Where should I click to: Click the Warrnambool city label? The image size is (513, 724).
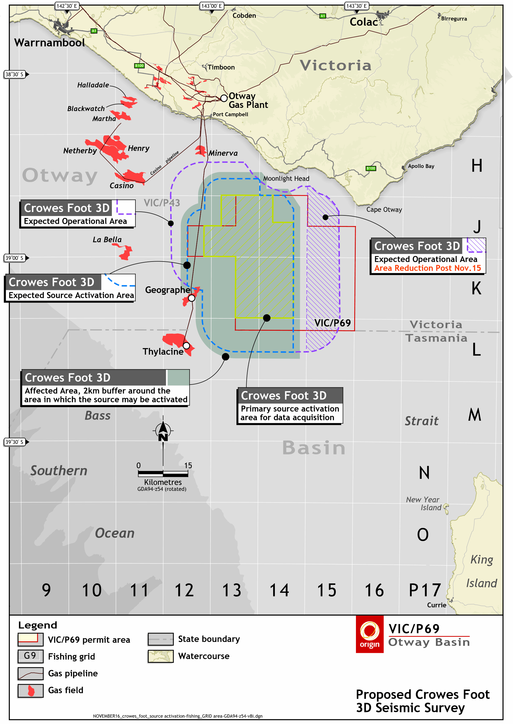tap(50, 43)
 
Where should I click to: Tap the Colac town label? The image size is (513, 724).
tap(364, 22)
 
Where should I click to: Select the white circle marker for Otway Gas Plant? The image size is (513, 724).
tap(224, 98)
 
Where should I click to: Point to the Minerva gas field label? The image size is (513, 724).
tap(223, 153)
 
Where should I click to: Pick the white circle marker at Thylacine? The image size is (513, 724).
tap(186, 345)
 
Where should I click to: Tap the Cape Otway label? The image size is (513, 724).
tap(384, 209)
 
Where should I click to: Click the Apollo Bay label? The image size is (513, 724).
tap(421, 166)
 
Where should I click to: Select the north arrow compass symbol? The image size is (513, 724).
tap(163, 430)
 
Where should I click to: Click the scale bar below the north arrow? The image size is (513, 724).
tap(163, 474)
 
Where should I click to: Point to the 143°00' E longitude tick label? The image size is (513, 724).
tap(212, 6)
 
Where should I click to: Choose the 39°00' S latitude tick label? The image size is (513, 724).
tap(14, 258)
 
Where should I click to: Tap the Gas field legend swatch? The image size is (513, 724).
tap(31, 691)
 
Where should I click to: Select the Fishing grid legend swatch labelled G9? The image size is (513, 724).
tap(31, 656)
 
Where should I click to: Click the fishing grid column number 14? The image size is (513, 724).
tap(279, 590)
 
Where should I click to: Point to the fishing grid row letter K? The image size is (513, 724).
tap(476, 288)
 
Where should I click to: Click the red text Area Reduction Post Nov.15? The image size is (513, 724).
tap(427, 268)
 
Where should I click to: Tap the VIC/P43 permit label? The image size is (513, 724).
tap(162, 203)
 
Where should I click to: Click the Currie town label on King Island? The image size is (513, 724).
tap(436, 605)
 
